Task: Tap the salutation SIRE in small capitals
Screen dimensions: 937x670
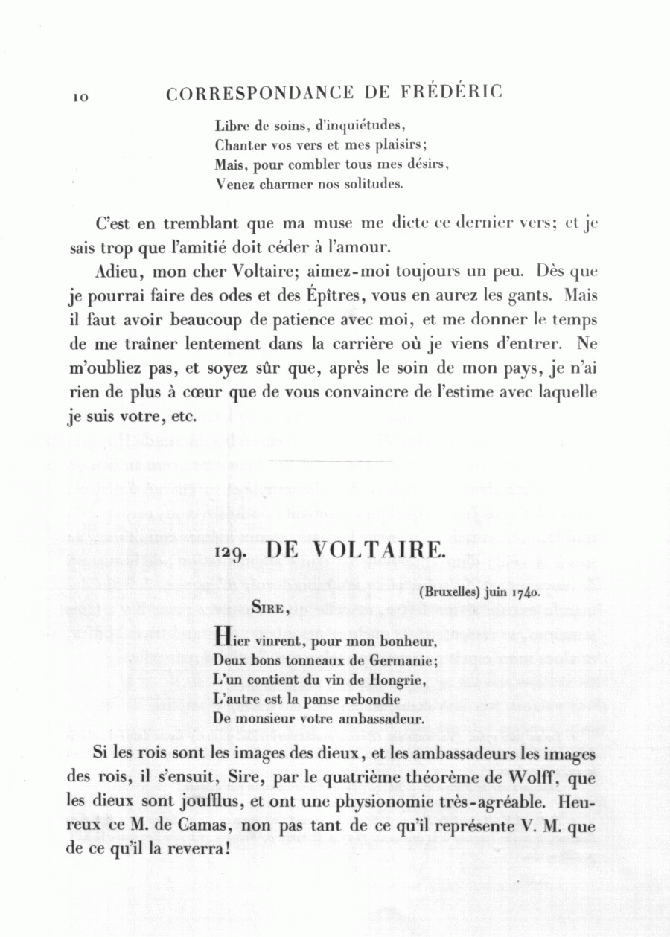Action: (270, 608)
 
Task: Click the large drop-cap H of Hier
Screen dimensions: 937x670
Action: (220, 637)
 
